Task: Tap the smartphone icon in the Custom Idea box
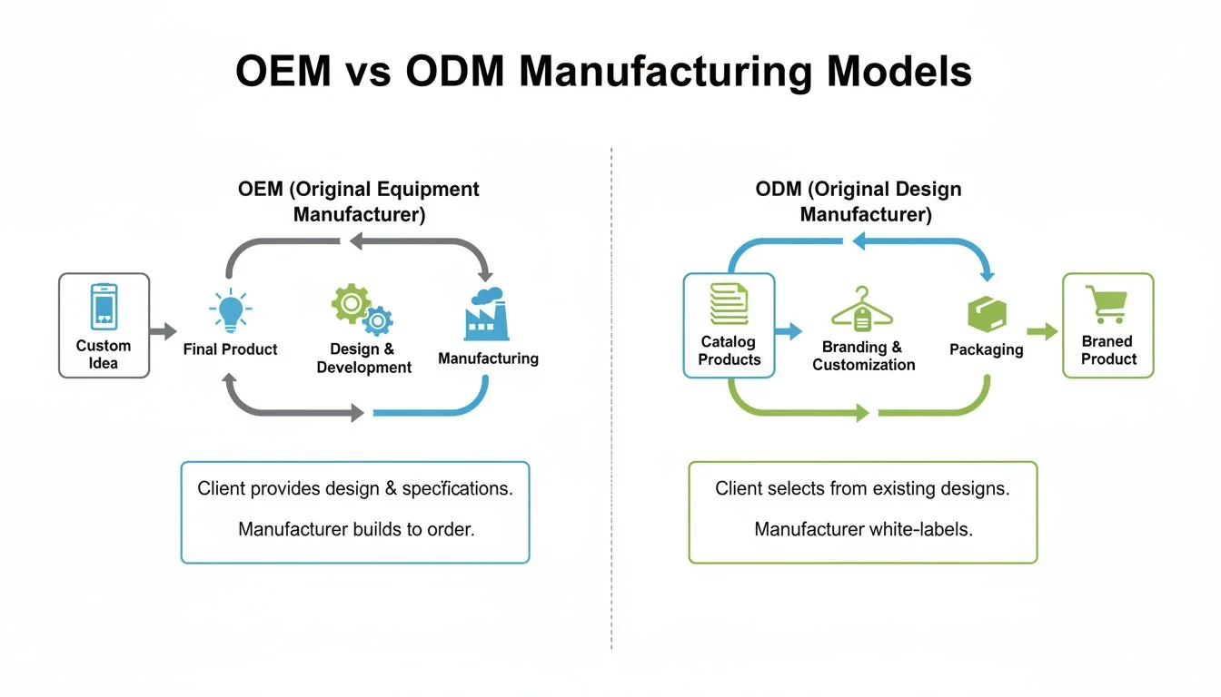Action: [x=104, y=306]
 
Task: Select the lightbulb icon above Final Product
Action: [x=229, y=311]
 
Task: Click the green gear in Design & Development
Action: [x=350, y=304]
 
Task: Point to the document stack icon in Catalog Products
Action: [x=729, y=303]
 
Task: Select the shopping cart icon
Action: [x=1107, y=304]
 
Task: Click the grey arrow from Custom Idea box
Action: [x=164, y=331]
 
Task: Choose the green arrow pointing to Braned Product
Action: [x=1043, y=331]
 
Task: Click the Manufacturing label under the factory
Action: [x=488, y=358]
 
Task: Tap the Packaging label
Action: [x=986, y=349]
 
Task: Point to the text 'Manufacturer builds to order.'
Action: [x=355, y=528]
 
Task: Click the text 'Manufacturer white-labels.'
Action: [x=863, y=528]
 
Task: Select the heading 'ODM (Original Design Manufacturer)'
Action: [x=859, y=201]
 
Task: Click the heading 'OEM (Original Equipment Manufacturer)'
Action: [x=359, y=201]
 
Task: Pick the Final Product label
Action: [x=230, y=349]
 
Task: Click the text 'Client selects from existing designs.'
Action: [x=863, y=488]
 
